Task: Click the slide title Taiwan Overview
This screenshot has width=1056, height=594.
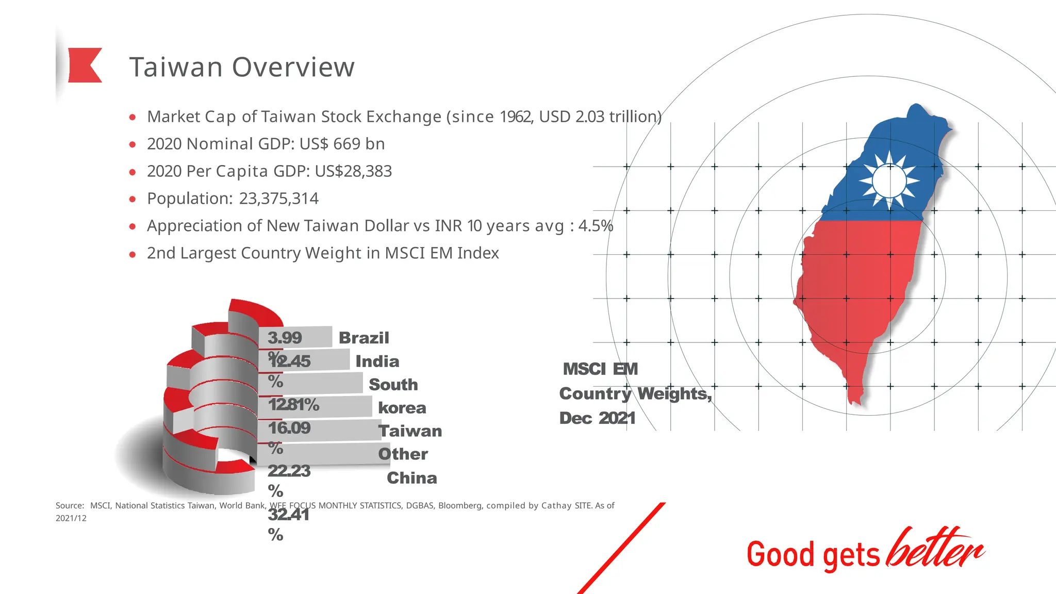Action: coord(242,67)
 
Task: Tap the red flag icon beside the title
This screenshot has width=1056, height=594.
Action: coord(85,65)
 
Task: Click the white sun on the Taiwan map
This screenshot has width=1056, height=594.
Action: coord(889,180)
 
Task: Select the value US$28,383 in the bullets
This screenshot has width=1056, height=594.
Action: coord(353,171)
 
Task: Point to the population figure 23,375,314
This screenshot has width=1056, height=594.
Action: coord(279,199)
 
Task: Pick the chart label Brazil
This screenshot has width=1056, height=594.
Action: coord(364,338)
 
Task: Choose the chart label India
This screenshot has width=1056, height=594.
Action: coord(377,361)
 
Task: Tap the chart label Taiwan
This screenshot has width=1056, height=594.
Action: coord(410,431)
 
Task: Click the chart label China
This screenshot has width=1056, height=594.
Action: coord(412,478)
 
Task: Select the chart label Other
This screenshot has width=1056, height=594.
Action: coord(403,454)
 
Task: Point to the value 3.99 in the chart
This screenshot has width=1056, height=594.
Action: coord(285,338)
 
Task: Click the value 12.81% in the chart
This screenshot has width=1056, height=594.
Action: coord(294,405)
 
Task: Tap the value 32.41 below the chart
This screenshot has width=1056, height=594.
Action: coord(289,515)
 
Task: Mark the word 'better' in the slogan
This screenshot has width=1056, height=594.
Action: coord(935,549)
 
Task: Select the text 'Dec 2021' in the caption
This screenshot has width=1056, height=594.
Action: coord(598,418)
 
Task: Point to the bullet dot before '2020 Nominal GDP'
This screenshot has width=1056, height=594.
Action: coord(133,144)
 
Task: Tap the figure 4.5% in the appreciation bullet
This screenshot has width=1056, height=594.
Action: coord(596,226)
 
